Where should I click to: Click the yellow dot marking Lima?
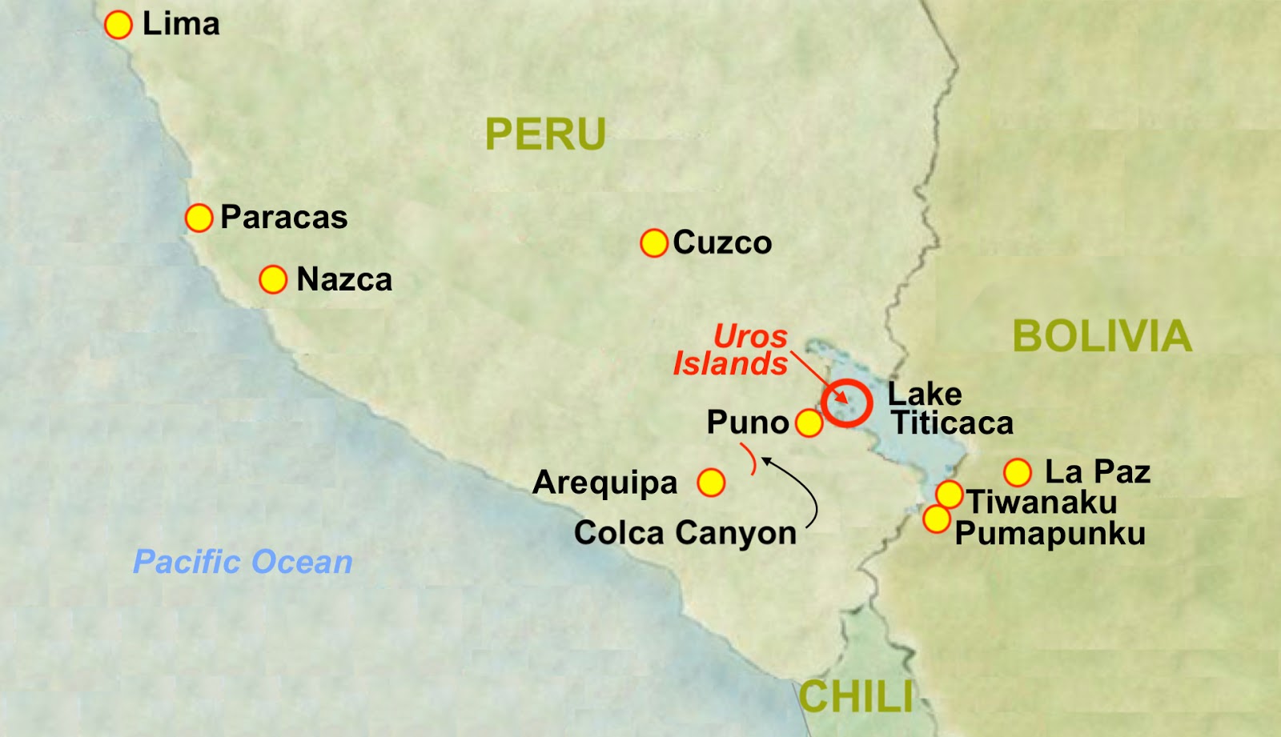coord(118,25)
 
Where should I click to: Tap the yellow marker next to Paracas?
coord(199,217)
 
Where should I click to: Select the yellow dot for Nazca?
coord(273,279)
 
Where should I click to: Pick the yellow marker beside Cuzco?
coord(654,242)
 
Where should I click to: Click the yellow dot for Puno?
coord(809,423)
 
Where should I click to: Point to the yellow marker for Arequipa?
coord(711,483)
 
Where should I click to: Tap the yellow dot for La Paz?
coord(1018,472)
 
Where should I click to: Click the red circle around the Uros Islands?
coord(846,403)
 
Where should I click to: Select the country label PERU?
coord(545,134)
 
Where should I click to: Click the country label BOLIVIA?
coord(1102,336)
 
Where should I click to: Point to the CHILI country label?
coord(856,696)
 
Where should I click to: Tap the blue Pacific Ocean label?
coord(243,562)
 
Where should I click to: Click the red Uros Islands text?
coord(731,350)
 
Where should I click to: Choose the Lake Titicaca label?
coord(950,408)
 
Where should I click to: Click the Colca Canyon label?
coord(685,533)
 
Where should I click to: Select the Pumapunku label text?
coord(1050,534)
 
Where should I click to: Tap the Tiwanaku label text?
coord(1042,503)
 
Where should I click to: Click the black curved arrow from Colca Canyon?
coord(807,488)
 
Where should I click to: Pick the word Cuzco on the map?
coord(722,242)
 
